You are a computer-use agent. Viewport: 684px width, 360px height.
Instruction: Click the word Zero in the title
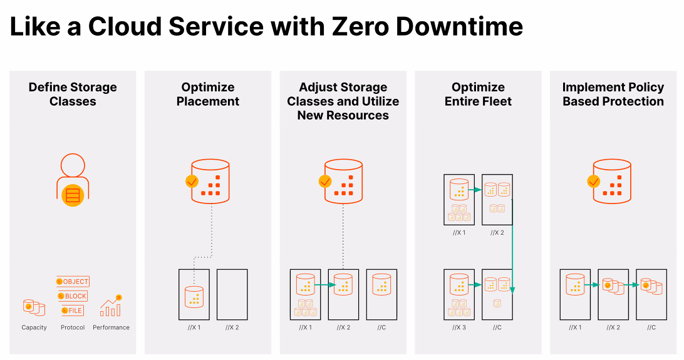click(360, 26)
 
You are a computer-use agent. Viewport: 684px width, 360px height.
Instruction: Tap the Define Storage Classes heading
click(73, 94)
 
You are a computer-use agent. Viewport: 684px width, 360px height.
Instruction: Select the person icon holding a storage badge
click(73, 180)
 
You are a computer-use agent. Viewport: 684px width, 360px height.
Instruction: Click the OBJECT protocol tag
click(73, 282)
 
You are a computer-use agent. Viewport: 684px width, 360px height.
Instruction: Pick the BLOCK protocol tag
click(73, 296)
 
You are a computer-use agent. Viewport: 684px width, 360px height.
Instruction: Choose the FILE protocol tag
click(73, 311)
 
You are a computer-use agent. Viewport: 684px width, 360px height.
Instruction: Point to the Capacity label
click(34, 327)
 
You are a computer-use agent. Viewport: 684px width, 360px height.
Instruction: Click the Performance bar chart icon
click(111, 306)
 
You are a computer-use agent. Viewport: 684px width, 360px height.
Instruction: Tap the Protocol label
click(73, 327)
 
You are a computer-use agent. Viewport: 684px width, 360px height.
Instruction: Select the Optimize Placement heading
click(208, 94)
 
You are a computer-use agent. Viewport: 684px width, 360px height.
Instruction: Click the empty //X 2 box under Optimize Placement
click(232, 295)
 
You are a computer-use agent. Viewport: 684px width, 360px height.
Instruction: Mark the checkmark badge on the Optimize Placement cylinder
click(192, 181)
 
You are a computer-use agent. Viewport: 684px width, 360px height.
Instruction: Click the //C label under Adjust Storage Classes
click(381, 327)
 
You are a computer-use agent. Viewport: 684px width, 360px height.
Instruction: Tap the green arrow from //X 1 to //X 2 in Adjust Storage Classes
click(325, 285)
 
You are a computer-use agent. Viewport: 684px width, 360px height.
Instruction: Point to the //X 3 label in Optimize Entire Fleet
click(459, 327)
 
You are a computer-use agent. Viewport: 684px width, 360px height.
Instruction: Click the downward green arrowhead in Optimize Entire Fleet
click(512, 291)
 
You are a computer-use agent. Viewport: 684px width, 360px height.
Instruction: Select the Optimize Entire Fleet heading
click(478, 94)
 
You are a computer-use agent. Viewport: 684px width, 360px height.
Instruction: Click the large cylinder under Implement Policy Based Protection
click(612, 182)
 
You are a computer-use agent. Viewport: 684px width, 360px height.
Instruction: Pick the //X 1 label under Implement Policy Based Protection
click(575, 327)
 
